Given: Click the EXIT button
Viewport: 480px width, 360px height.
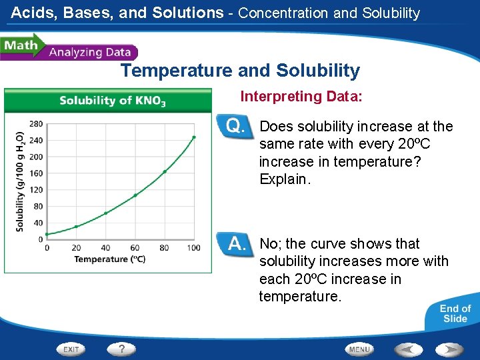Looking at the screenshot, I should (71, 349).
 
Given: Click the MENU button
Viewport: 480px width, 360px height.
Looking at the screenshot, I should (359, 349).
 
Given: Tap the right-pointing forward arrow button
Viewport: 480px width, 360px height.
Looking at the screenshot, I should (450, 349).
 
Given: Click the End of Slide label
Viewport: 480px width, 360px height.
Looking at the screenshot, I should (455, 313).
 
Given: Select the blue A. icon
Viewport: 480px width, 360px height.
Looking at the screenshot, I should (237, 243).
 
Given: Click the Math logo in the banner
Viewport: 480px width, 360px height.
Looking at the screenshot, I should (20, 46).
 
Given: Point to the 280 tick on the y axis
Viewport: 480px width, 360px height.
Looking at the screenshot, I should (36, 124).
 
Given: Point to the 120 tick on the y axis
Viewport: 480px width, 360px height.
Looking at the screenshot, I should (36, 189).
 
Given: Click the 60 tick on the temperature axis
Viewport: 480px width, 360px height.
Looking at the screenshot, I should (135, 248).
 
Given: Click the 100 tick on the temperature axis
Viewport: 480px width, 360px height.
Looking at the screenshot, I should (194, 248).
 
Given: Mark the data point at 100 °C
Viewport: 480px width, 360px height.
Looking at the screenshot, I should (194, 137).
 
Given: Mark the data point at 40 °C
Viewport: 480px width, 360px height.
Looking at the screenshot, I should (105, 213).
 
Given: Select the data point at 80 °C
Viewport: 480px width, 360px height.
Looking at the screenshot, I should (165, 171).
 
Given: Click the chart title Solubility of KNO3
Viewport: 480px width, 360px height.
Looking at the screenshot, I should (113, 101).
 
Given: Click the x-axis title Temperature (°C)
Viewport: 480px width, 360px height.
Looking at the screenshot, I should (110, 259).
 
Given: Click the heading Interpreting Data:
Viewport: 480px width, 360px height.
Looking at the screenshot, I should (301, 97).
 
